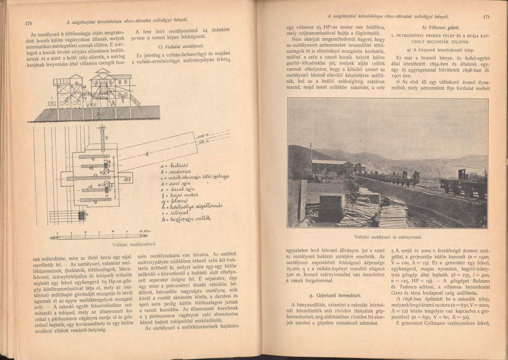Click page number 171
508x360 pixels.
click(x=486, y=18)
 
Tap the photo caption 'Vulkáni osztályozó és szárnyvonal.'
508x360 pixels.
click(x=387, y=235)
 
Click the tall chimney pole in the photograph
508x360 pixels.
click(x=310, y=155)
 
